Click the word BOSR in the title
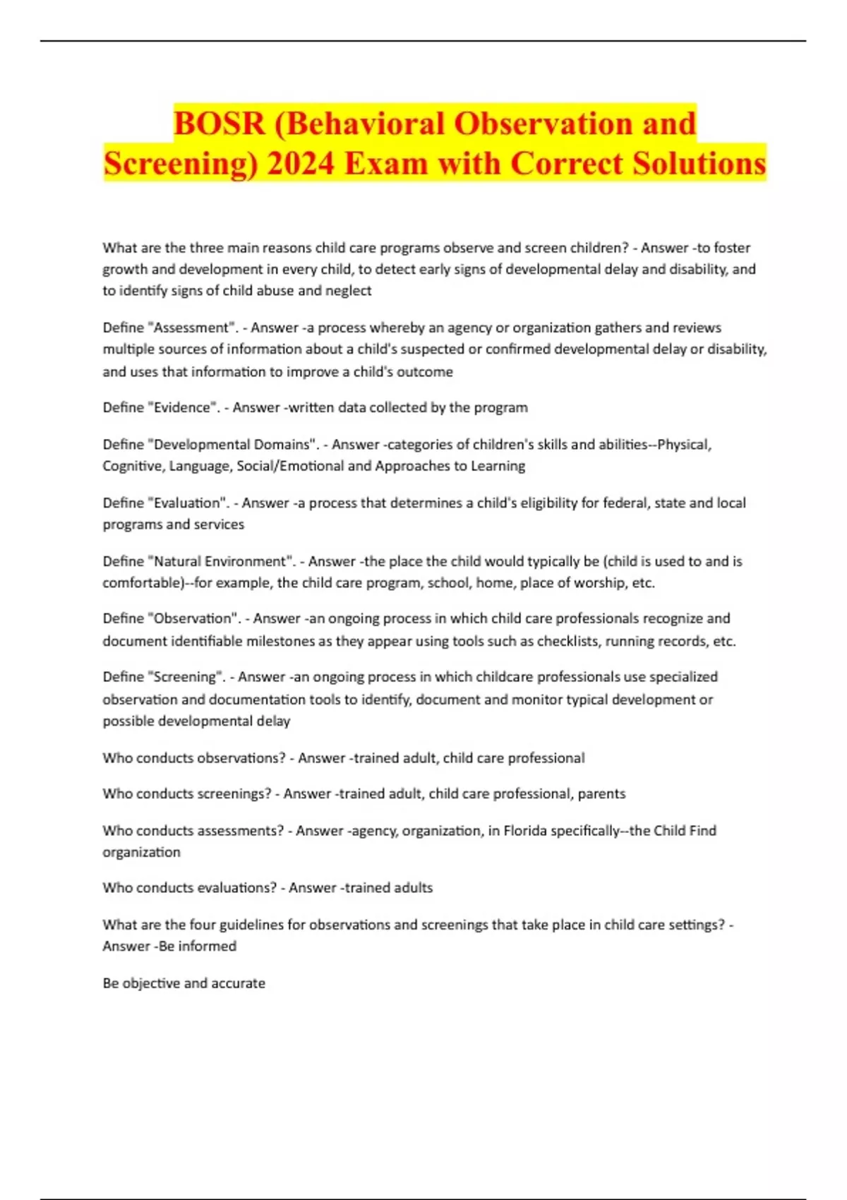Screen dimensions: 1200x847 tap(220, 124)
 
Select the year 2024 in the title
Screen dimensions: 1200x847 tap(301, 164)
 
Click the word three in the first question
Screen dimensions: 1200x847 tap(206, 248)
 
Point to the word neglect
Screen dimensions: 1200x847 tap(348, 290)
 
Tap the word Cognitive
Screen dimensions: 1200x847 tap(132, 466)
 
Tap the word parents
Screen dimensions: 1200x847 tap(601, 794)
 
